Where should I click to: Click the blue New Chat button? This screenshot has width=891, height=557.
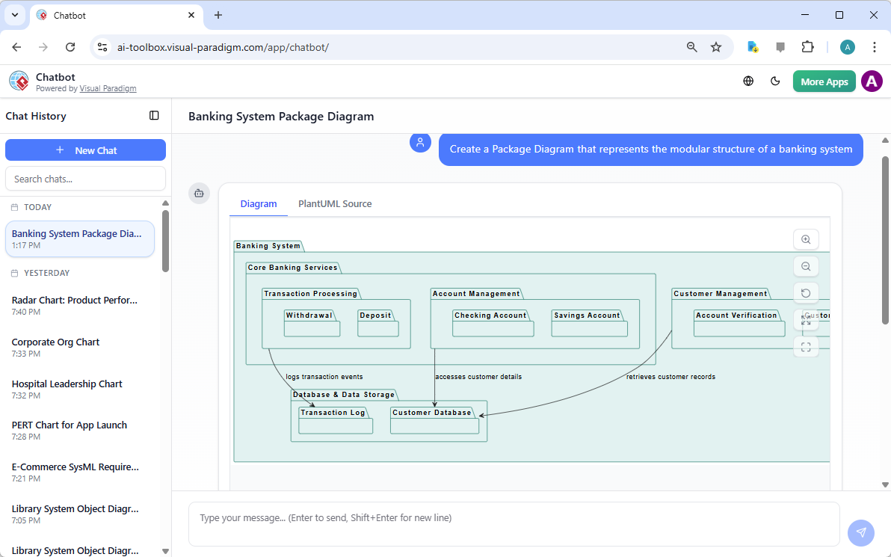click(x=85, y=150)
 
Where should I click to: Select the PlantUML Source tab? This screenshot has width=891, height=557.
click(x=335, y=204)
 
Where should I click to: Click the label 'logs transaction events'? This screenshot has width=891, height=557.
click(x=324, y=377)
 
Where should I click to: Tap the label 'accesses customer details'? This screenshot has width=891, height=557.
click(x=478, y=377)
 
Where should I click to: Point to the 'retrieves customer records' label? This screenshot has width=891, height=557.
click(x=670, y=377)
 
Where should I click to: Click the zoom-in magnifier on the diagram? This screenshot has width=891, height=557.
click(x=806, y=239)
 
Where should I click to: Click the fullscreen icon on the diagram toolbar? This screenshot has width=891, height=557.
click(x=806, y=347)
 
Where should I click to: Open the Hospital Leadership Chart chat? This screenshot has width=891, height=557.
click(x=67, y=384)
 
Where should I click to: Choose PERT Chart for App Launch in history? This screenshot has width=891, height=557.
click(x=70, y=425)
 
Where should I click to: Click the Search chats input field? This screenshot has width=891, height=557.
click(x=85, y=179)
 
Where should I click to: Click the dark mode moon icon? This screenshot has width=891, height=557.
click(x=775, y=81)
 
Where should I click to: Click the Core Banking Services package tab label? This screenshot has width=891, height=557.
click(x=292, y=268)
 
